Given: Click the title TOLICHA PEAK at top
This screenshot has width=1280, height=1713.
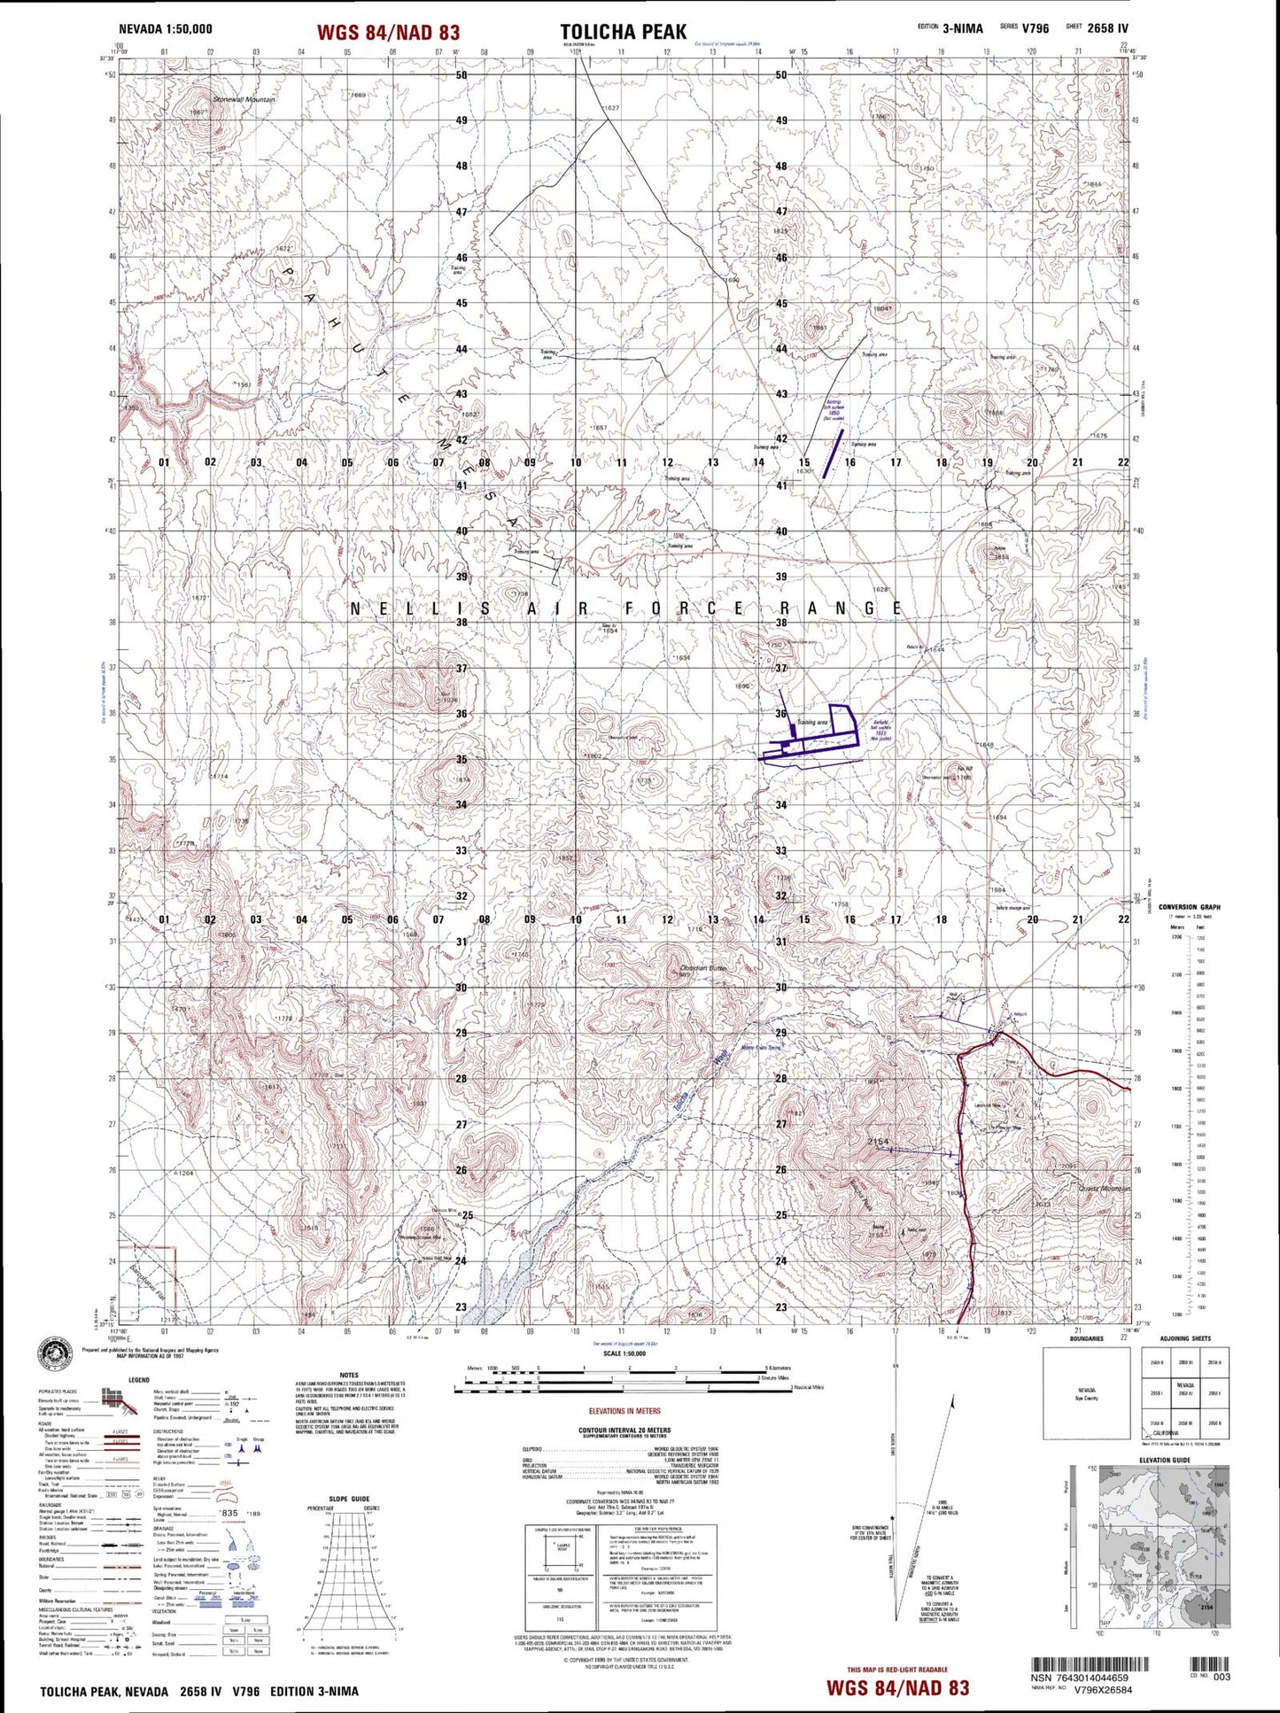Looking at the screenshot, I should click(x=623, y=32).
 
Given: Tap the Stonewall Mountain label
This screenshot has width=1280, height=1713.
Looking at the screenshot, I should click(x=244, y=100).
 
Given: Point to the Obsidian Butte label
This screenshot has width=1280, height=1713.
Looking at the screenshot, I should click(x=703, y=968).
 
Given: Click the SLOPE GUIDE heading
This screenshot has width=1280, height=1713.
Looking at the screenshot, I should click(x=348, y=1499).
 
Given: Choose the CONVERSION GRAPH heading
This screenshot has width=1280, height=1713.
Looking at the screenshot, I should click(x=1189, y=907).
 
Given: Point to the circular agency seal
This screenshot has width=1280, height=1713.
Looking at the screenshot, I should click(x=56, y=1356).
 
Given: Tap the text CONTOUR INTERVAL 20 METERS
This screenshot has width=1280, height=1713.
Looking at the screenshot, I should click(x=624, y=1430).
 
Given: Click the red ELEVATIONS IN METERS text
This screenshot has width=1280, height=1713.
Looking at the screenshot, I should click(x=624, y=1411).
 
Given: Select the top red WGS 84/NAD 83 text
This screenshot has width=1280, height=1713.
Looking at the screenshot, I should click(x=388, y=33).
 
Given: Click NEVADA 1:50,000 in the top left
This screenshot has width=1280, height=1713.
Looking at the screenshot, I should click(x=166, y=29).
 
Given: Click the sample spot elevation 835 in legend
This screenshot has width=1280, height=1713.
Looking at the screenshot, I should click(x=229, y=1514).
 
